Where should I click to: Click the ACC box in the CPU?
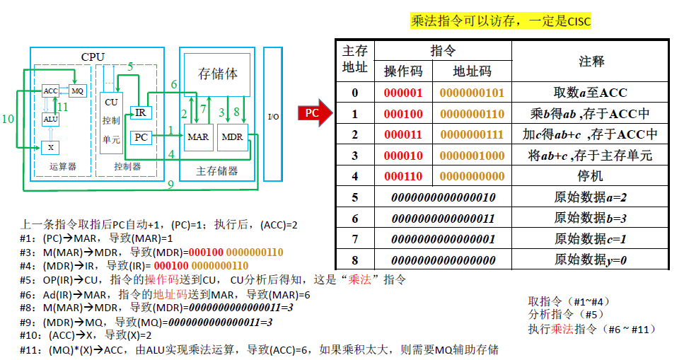click(50, 91)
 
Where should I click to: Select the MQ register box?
click(77, 91)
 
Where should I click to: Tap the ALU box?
click(50, 120)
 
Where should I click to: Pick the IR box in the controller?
click(140, 112)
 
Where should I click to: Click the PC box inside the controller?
click(141, 137)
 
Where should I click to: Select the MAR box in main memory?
click(198, 137)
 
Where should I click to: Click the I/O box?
click(273, 115)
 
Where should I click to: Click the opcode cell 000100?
click(403, 113)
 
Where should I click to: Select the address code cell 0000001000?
click(472, 155)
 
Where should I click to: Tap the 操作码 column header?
click(403, 71)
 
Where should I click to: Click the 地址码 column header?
click(472, 71)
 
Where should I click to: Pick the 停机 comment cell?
click(590, 175)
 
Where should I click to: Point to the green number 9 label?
click(170, 185)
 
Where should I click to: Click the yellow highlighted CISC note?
click(501, 21)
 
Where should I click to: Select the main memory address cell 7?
click(354, 239)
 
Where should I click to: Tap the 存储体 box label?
click(218, 74)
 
